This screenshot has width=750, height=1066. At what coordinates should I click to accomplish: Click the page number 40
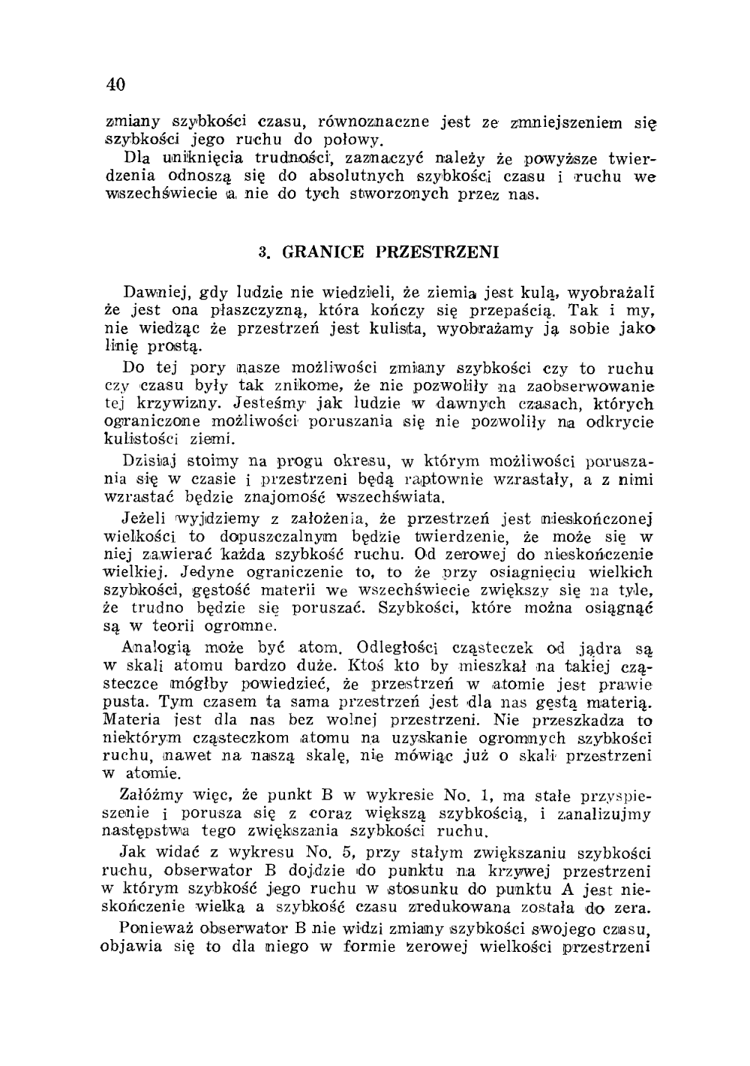pos(115,83)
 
